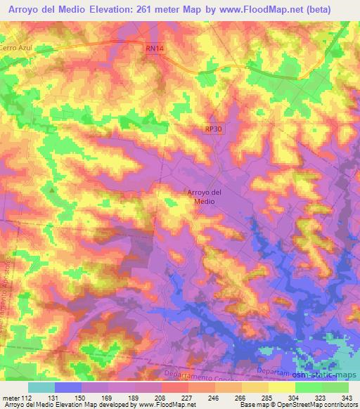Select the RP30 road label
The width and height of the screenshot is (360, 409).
pyautogui.click(x=213, y=129)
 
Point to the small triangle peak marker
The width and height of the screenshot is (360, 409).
pyautogui.click(x=51, y=189)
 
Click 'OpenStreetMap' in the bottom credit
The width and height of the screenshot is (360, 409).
pyautogui.click(x=295, y=405)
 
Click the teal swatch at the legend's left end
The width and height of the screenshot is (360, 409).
pyautogui.click(x=41, y=387)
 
